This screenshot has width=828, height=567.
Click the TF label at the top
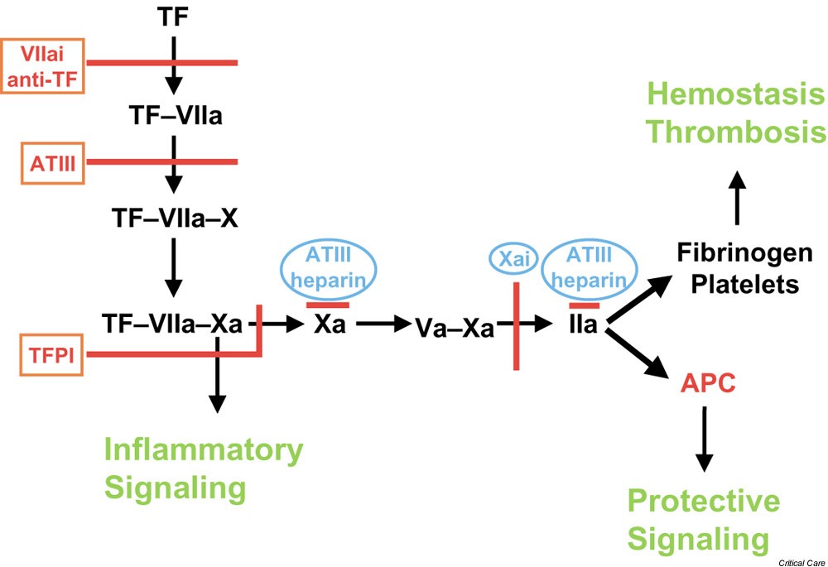174,16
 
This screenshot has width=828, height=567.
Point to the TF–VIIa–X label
173,218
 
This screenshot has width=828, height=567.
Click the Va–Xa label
455,328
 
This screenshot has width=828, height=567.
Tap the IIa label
583,324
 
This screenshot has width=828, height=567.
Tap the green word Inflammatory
203,451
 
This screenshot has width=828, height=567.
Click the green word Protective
703,501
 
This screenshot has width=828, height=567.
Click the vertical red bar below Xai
516,327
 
